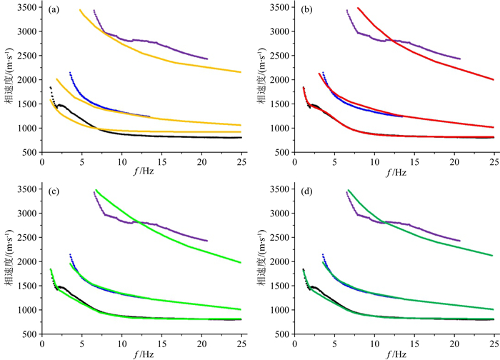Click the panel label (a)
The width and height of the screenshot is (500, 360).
[x=53, y=11]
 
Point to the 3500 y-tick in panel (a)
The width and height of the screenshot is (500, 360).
[x=28, y=8]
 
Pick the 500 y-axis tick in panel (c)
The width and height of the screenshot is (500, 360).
[x=31, y=334]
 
